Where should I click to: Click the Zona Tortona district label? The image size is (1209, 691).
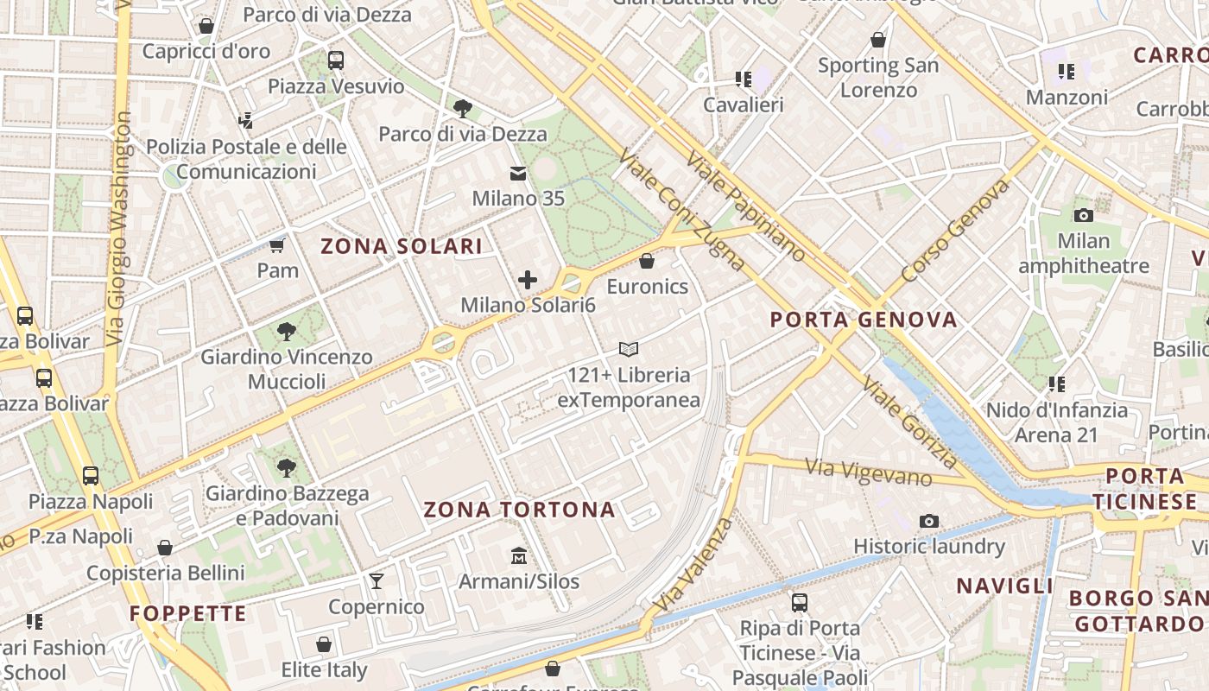(x=519, y=510)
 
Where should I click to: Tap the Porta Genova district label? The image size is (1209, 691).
(x=864, y=320)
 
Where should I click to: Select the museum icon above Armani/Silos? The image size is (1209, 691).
(x=519, y=555)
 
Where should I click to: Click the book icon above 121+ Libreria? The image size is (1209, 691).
(x=629, y=350)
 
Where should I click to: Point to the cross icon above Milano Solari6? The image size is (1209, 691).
(x=528, y=280)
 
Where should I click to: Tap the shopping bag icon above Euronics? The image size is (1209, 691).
(x=647, y=261)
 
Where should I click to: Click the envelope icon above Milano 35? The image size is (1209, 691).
(x=518, y=174)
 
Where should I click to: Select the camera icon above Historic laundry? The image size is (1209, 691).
(x=929, y=521)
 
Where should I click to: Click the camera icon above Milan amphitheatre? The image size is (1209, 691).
(x=1084, y=215)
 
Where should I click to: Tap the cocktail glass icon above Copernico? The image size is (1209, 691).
(x=377, y=581)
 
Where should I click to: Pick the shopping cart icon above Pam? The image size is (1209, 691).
(x=277, y=246)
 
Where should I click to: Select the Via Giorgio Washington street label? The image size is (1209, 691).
(x=118, y=229)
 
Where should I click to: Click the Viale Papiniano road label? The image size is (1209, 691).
(x=746, y=208)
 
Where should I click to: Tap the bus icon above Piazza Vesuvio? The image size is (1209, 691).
(x=336, y=60)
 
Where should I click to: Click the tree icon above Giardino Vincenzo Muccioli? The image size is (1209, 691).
(x=287, y=332)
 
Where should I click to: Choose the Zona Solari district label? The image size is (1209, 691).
(x=402, y=246)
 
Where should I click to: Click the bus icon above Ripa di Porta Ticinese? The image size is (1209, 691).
(x=800, y=603)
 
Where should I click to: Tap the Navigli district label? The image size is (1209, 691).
(x=1004, y=586)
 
